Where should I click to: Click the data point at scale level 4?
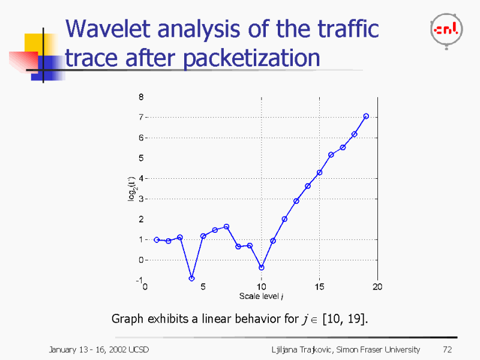191,278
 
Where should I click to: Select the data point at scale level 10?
262,268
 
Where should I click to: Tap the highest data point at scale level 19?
366,116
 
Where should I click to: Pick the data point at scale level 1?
157,239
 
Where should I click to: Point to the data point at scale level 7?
226,227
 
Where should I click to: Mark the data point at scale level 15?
319,173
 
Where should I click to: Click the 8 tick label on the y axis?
140,96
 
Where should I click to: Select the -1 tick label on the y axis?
139,280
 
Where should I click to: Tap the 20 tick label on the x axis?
377,287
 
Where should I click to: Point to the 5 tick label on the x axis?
203,287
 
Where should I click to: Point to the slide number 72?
446,349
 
